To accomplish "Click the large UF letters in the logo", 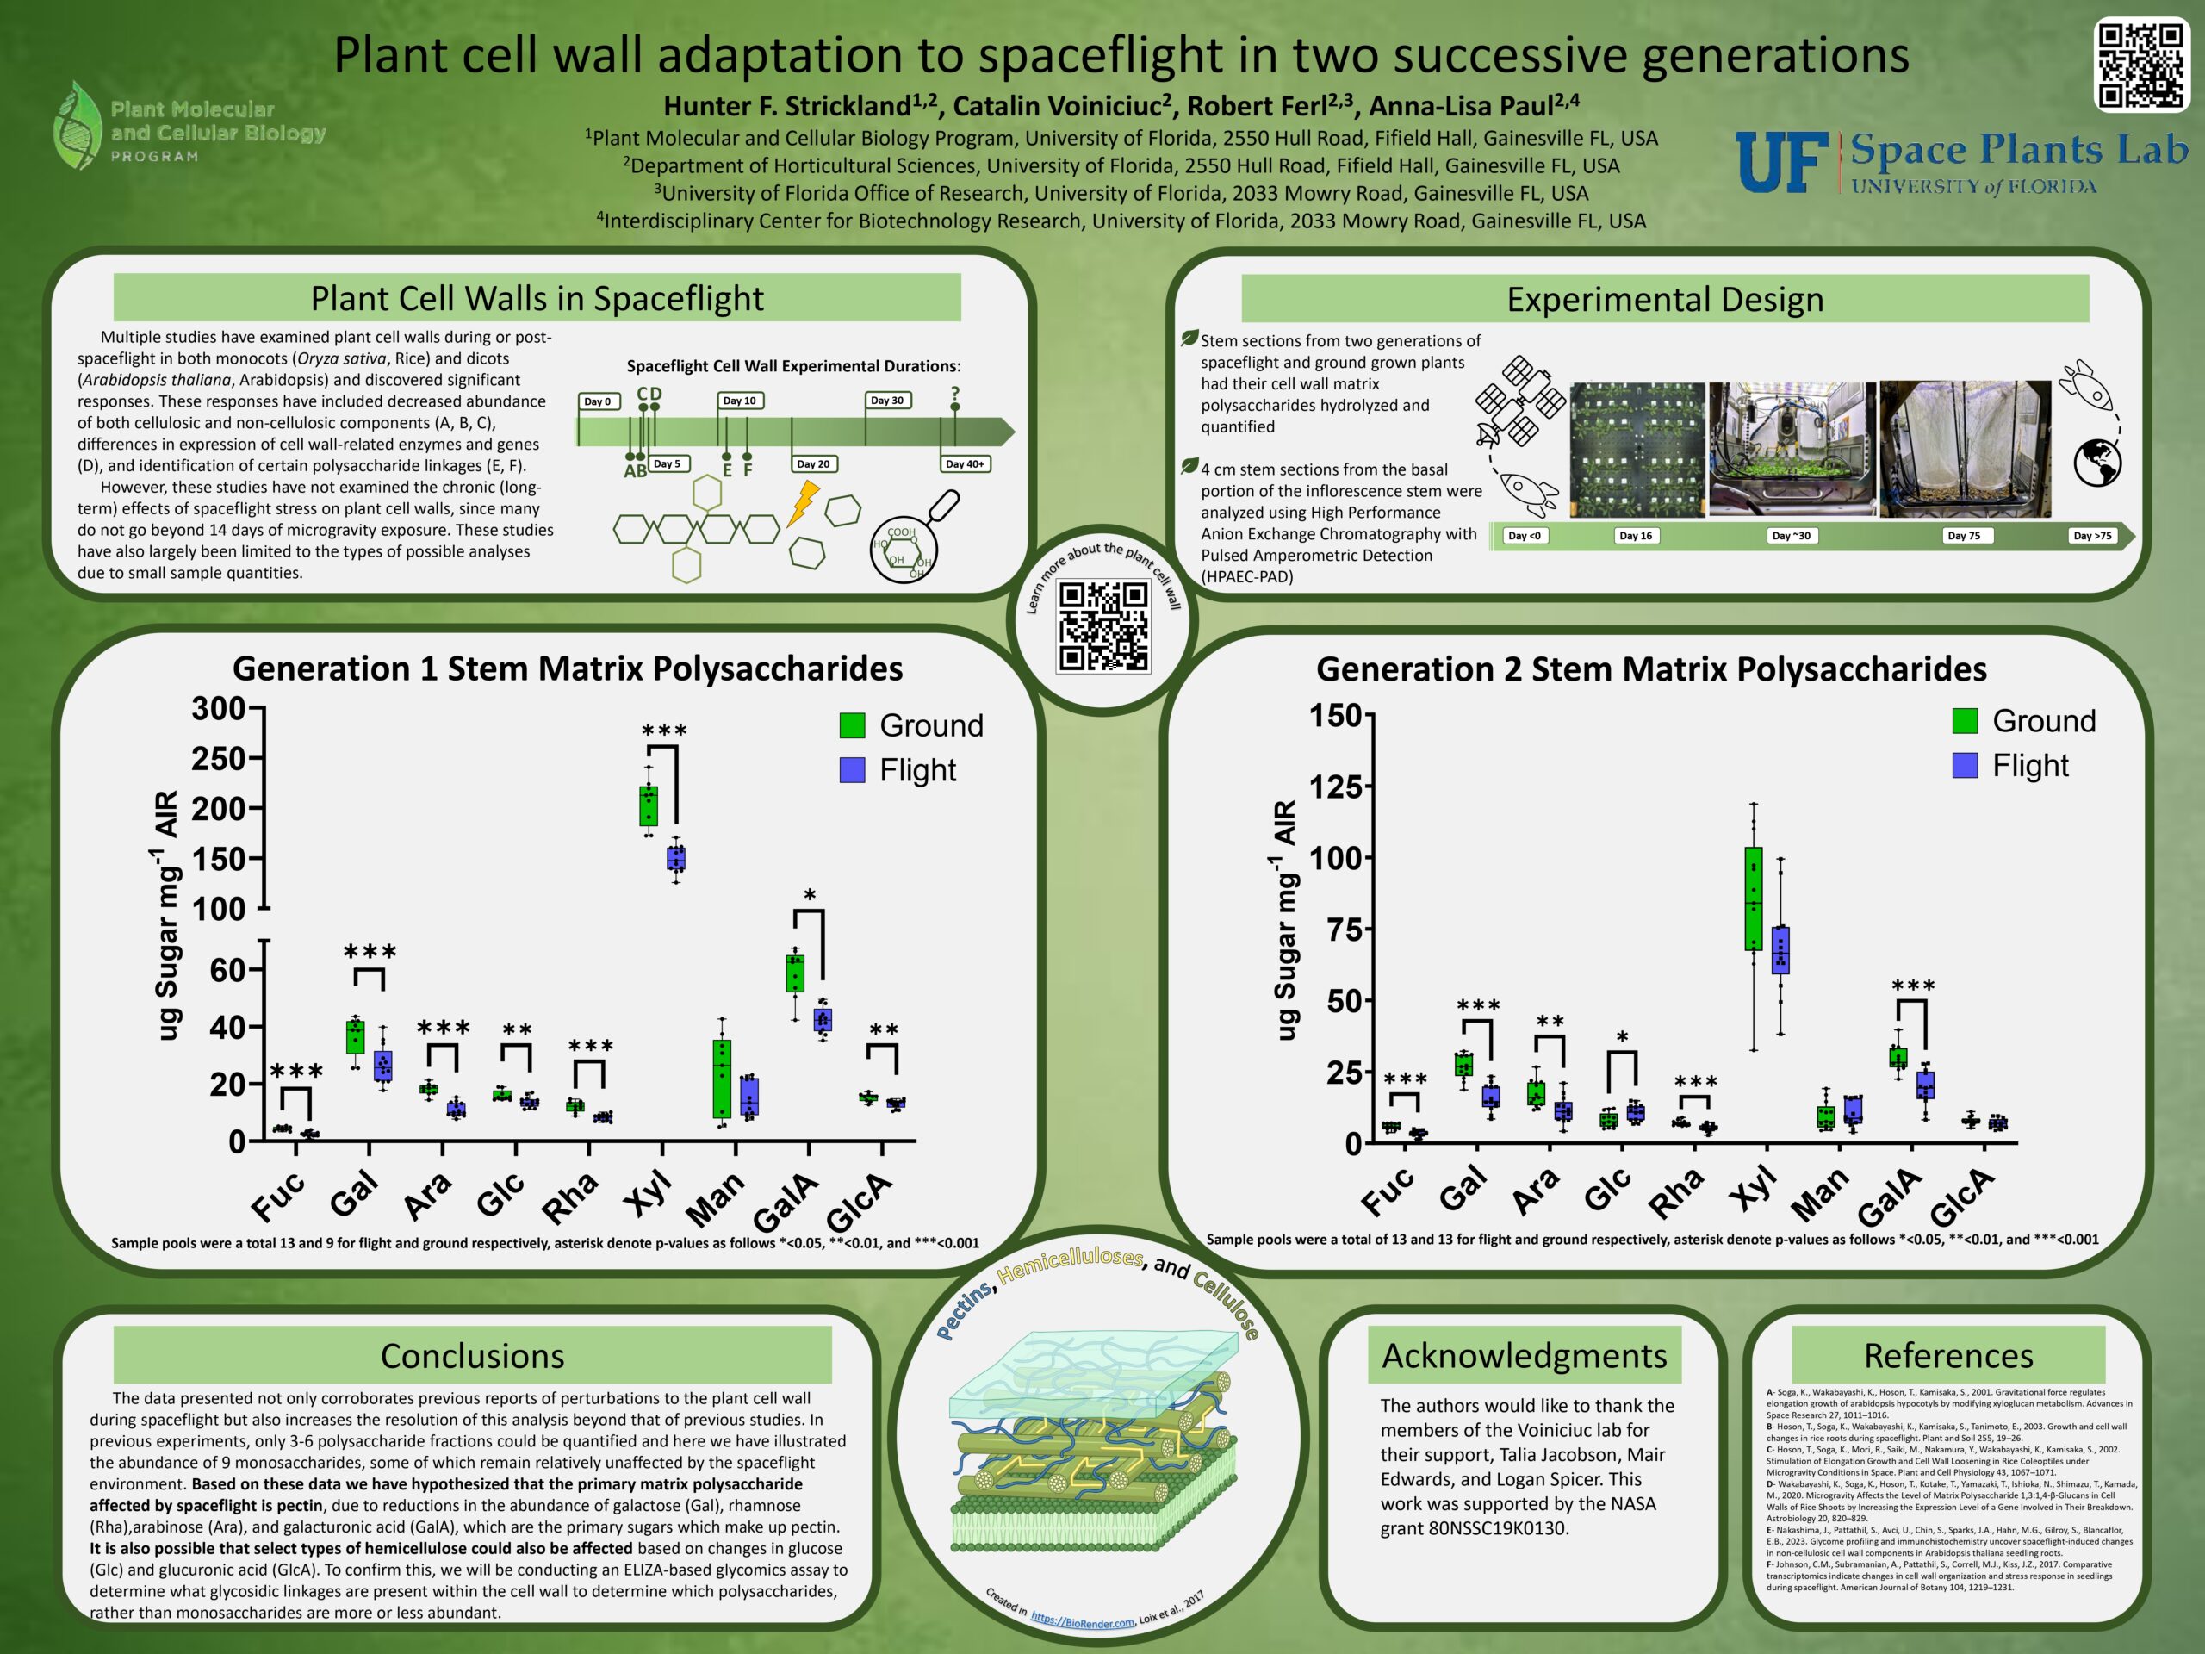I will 1781,163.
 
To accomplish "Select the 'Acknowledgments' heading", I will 1525,1356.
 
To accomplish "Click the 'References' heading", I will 1947,1356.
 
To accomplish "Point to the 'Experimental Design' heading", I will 1665,299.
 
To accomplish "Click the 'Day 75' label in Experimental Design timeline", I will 1964,535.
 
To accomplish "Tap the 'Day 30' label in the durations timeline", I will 887,401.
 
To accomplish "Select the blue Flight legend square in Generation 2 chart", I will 1965,765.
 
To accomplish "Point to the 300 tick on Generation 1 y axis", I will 220,709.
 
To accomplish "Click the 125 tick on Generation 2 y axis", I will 1335,787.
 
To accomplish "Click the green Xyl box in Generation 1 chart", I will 648,805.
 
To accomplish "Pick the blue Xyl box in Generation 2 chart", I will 1780,949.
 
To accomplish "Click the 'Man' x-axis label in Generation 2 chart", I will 1820,1196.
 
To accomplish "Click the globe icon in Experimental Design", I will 2097,463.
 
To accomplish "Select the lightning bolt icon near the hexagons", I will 803,503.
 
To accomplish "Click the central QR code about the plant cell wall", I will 1103,627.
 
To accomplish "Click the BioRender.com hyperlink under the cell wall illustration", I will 1083,1620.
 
